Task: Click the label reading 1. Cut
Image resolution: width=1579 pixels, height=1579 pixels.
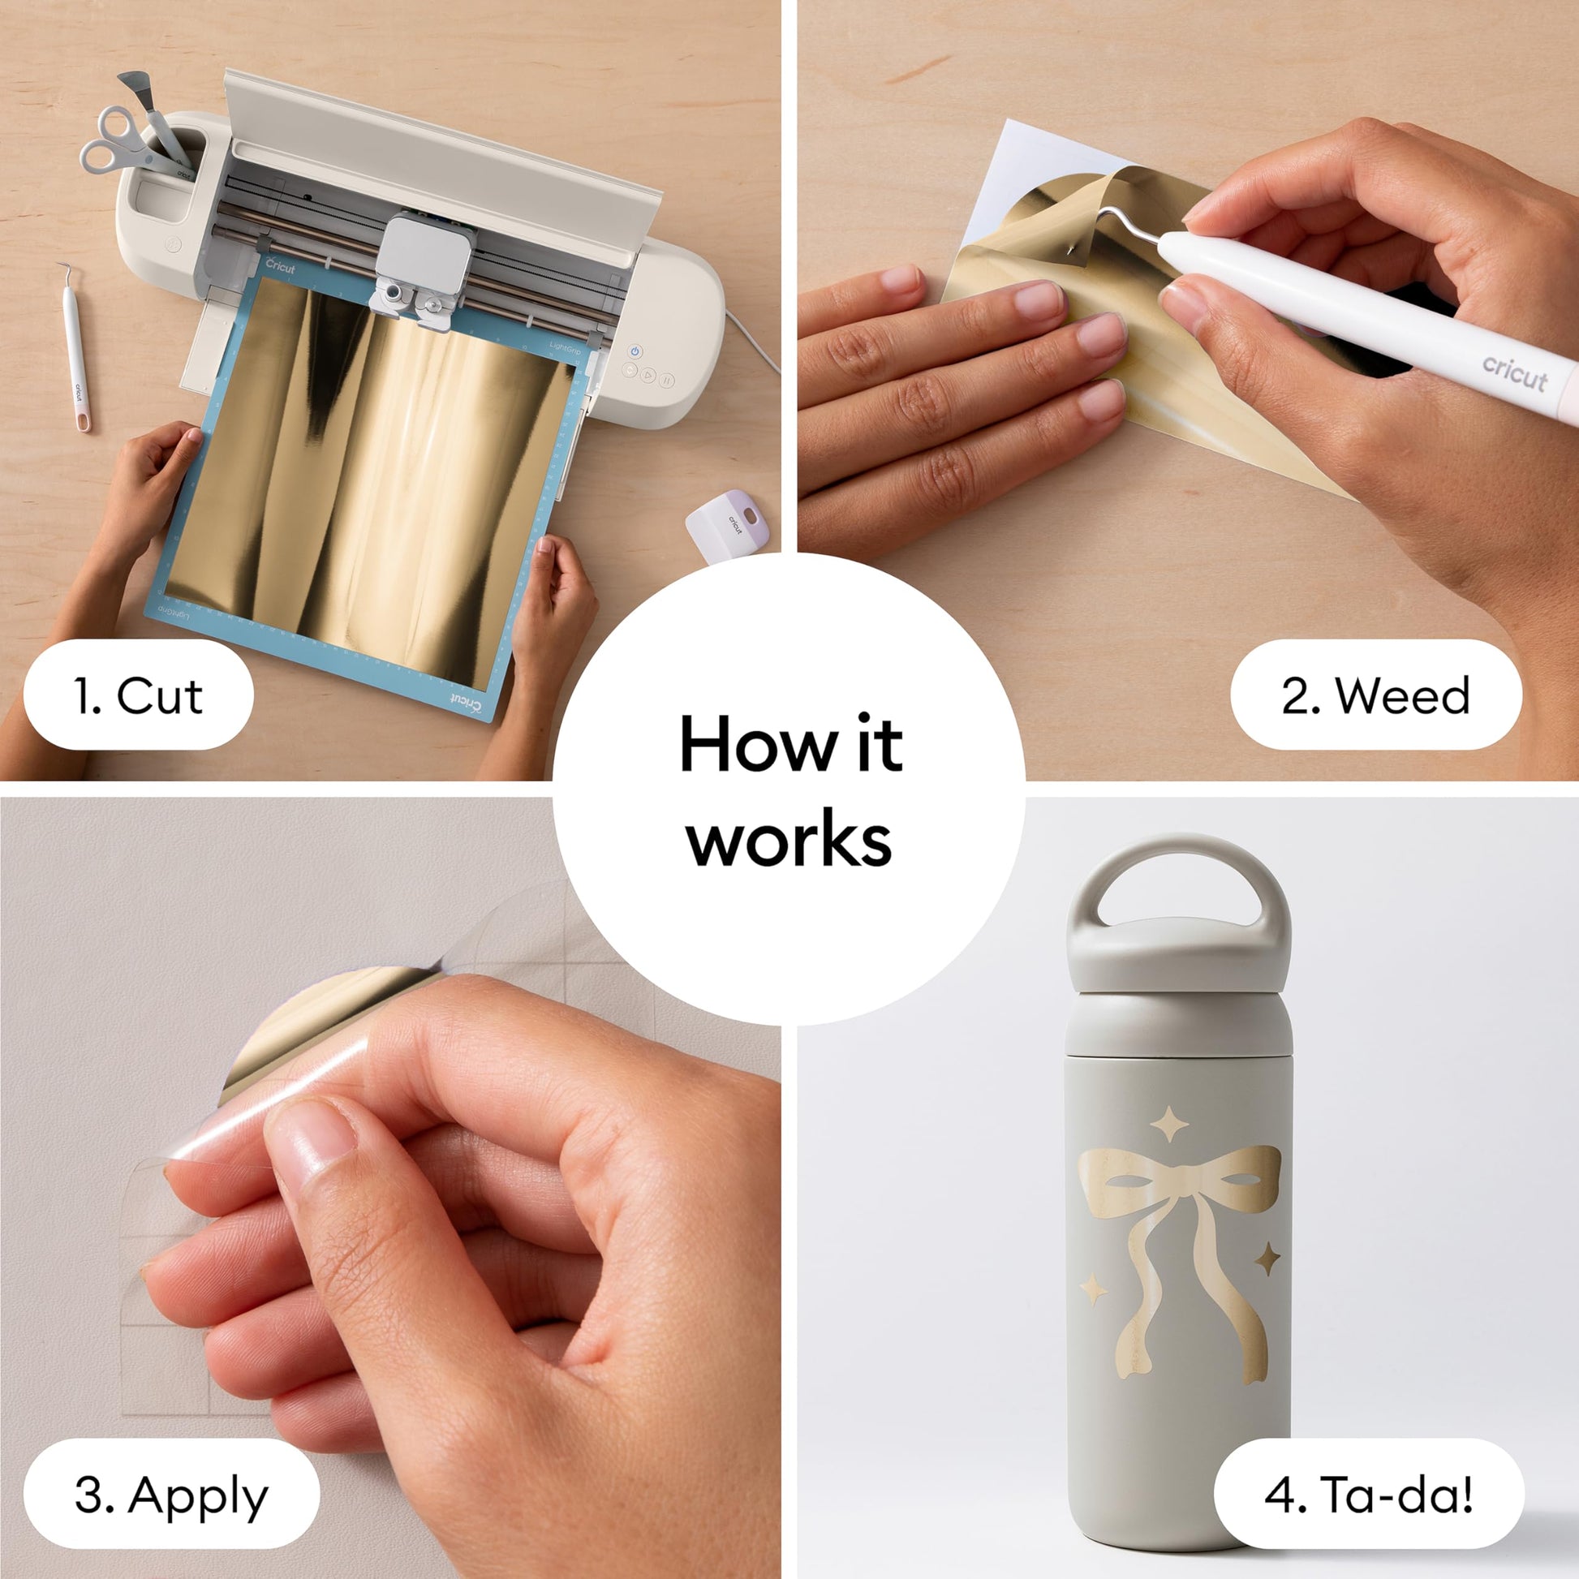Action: coord(138,695)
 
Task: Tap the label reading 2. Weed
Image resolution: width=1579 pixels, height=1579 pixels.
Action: coord(1375,695)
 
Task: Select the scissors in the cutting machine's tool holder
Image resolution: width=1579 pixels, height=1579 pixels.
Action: coord(131,144)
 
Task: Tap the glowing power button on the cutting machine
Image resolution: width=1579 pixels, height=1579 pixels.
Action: coord(635,351)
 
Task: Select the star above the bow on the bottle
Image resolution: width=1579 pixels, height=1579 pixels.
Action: coord(1168,1124)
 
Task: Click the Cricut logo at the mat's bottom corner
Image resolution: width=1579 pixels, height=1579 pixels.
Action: coord(466,702)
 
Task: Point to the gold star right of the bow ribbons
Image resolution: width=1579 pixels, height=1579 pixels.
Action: coord(1267,1258)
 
